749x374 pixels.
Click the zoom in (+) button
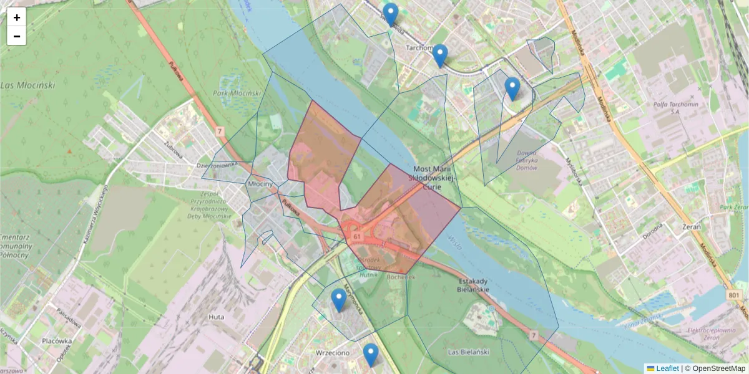(x=16, y=17)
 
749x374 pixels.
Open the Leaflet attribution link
(x=667, y=368)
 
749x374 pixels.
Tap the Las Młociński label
(x=28, y=85)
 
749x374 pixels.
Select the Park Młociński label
(x=236, y=93)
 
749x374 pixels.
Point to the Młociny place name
(x=260, y=185)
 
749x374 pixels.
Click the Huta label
(x=216, y=317)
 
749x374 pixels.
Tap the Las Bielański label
(x=468, y=352)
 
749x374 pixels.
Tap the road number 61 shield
(x=356, y=237)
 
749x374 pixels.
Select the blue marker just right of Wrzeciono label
(x=371, y=355)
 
